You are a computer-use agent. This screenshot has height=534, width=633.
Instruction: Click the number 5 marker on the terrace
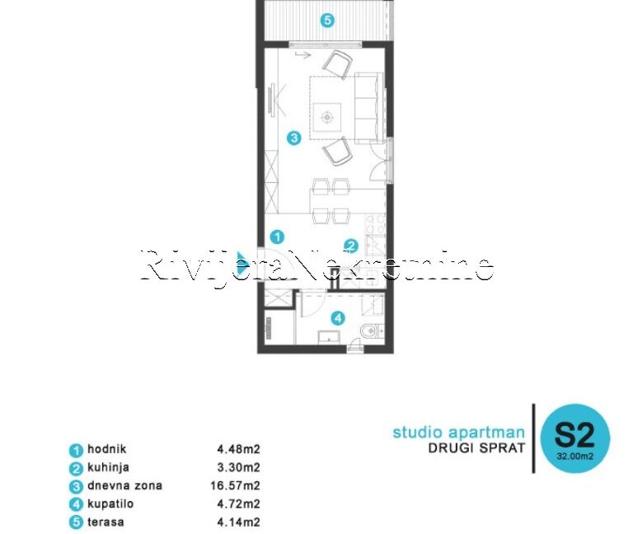[327, 20]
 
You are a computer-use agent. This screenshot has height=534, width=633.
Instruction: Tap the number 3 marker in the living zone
[294, 138]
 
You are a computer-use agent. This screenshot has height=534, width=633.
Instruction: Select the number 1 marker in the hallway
[277, 237]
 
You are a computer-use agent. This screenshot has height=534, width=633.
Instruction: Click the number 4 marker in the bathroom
[338, 318]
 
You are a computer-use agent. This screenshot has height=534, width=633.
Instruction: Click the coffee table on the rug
[326, 118]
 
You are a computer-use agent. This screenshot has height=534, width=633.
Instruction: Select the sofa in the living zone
[369, 108]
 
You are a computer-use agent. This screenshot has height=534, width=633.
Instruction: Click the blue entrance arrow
[241, 262]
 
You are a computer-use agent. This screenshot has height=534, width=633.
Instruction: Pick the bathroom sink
[329, 337]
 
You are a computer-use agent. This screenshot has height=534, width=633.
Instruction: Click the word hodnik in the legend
[107, 449]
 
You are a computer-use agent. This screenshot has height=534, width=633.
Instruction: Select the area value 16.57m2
[235, 485]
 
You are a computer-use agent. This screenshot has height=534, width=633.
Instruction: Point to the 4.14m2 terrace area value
[238, 522]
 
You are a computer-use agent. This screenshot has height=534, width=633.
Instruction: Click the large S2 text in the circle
[574, 435]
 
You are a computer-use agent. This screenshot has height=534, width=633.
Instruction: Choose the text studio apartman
[458, 433]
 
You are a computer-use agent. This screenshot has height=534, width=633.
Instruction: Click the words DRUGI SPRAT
[476, 448]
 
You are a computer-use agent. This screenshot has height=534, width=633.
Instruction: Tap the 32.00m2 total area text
[574, 457]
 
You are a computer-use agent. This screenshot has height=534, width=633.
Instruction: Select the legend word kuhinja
[108, 467]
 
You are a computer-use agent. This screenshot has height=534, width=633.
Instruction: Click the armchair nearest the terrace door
[337, 63]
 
